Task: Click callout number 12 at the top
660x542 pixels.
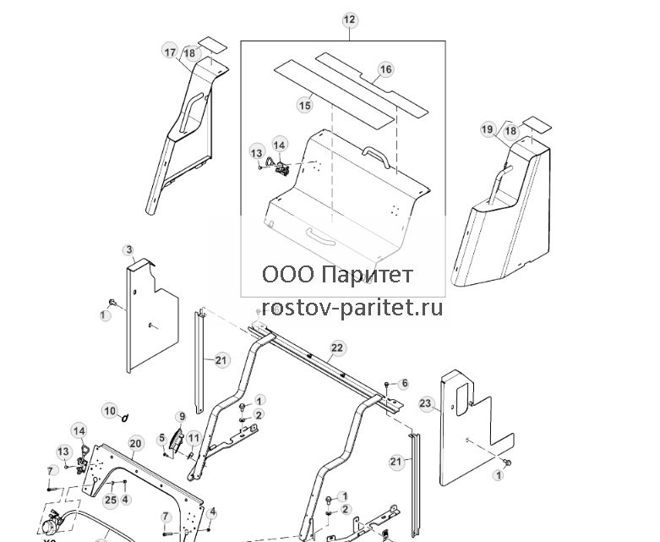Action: coord(350,19)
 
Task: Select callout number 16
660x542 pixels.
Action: coord(385,69)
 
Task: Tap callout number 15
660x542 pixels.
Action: coord(305,105)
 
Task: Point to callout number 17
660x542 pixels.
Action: coord(170,52)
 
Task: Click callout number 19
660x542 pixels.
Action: coord(487,129)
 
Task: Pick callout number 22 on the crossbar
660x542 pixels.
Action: coord(337,348)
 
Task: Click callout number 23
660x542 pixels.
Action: coord(426,403)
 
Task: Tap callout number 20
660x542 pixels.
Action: coord(134,443)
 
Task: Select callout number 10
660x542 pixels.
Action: coord(110,411)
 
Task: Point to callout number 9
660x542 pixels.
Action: coord(183,417)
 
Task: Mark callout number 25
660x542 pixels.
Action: coord(111,500)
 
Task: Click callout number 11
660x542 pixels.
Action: coord(194,438)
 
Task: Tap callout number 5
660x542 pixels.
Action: coord(162,439)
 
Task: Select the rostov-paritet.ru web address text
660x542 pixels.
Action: coord(352,308)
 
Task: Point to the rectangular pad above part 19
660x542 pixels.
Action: coord(535,123)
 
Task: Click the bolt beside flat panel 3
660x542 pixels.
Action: coord(112,303)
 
